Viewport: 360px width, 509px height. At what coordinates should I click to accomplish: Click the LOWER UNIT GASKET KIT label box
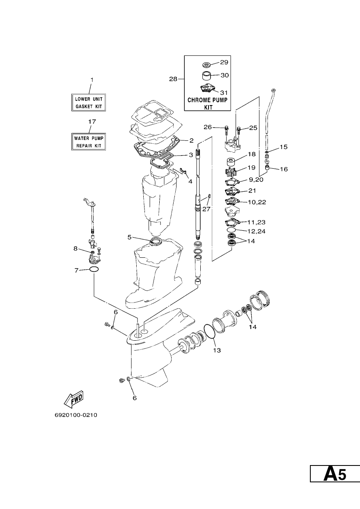coord(89,103)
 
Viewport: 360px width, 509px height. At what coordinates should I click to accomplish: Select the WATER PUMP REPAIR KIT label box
coord(89,142)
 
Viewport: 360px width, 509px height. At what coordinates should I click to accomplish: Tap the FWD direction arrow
coord(74,399)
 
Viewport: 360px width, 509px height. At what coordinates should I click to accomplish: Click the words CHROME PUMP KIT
coord(207,103)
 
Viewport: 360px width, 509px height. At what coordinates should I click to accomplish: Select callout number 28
coord(173,79)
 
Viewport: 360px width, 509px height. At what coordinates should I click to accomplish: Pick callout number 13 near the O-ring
coord(217,351)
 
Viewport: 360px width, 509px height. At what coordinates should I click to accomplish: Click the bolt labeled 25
coord(238,131)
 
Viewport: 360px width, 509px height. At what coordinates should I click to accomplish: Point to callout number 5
coord(129,237)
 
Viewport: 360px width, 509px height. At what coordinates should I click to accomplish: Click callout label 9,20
coord(256,180)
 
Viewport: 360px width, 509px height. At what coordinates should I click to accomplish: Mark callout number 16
coord(284,169)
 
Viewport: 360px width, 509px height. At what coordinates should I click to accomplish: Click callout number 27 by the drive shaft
coord(206,209)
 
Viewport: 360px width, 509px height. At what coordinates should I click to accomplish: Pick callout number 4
coord(190,181)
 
